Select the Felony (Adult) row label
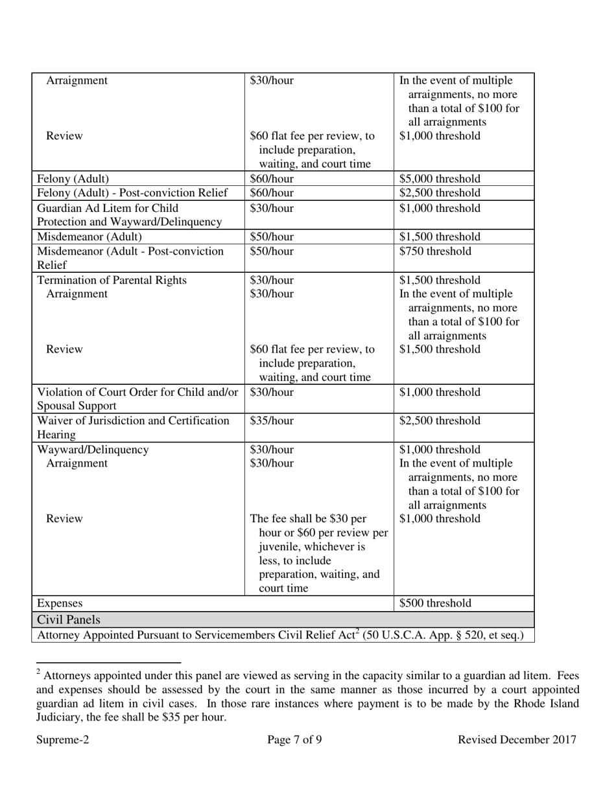(73, 179)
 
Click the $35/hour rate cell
(272, 421)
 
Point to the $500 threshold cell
(435, 603)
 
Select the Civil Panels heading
(69, 619)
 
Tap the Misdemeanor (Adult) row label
(89, 237)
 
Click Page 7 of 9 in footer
(294, 740)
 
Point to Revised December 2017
(517, 740)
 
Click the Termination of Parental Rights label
(112, 280)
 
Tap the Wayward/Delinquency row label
(93, 450)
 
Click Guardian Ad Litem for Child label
(108, 208)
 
